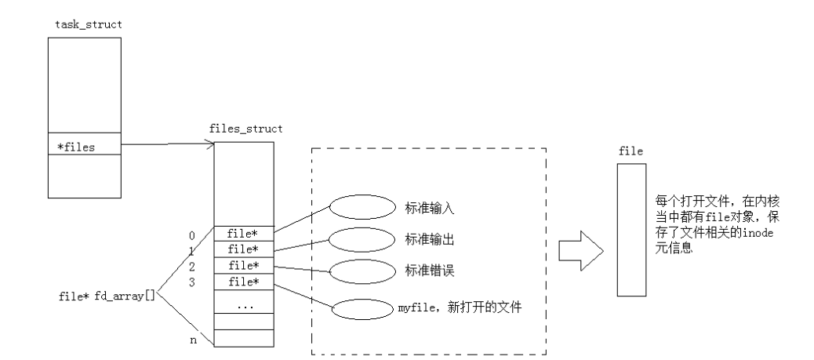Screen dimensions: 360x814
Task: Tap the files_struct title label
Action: (x=246, y=128)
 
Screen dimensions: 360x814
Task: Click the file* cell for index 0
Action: (x=244, y=233)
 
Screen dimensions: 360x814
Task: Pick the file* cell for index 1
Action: (x=244, y=249)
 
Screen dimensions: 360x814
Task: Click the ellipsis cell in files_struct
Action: (x=244, y=305)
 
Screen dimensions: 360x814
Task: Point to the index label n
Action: (x=193, y=340)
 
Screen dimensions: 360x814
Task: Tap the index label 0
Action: (x=191, y=234)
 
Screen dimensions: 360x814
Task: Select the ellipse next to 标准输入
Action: (x=362, y=207)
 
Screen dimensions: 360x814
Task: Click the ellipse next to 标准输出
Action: (x=362, y=238)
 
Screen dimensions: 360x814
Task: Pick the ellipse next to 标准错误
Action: (x=362, y=271)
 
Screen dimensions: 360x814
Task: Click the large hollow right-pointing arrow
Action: (x=580, y=251)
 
